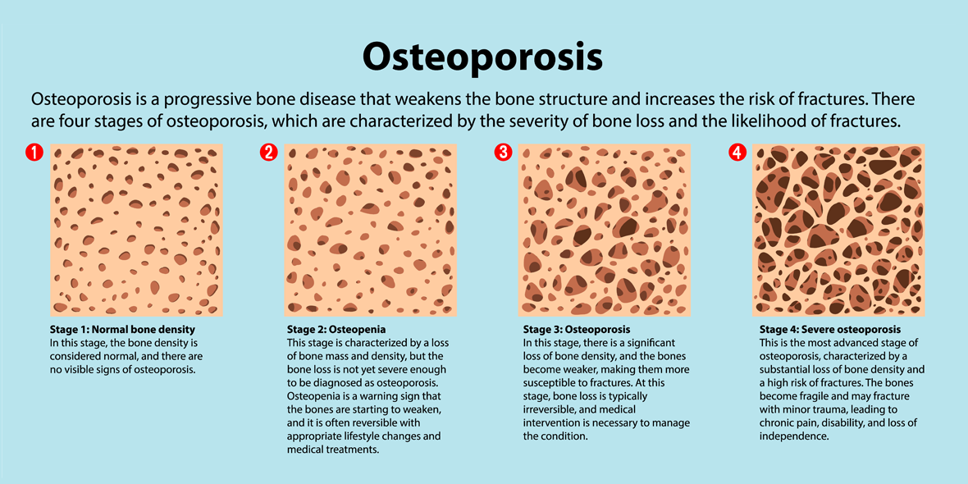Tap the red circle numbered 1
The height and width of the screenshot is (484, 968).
tap(34, 152)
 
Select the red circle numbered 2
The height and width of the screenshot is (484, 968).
tap(268, 152)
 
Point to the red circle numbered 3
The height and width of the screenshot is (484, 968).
tap(503, 152)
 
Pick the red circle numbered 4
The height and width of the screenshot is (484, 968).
tap(737, 152)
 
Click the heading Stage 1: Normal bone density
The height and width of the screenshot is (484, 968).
tap(122, 329)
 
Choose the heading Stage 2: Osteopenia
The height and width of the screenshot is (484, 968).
tap(336, 329)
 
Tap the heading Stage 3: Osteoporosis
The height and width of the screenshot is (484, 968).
tap(577, 329)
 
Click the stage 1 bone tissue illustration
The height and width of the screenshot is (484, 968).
tap(136, 231)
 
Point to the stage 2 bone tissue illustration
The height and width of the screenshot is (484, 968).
tap(371, 231)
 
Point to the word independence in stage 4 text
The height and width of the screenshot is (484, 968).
tap(792, 436)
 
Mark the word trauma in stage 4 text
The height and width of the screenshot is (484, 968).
tap(830, 410)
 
